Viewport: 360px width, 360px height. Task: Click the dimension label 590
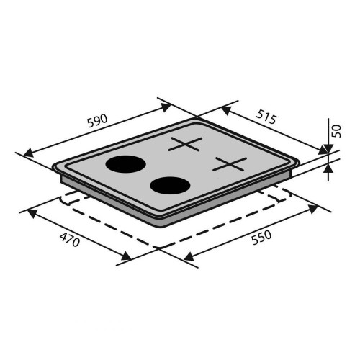coord(97,121)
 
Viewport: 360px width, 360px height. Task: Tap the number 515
coord(266,117)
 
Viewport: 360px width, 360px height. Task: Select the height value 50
coord(337,131)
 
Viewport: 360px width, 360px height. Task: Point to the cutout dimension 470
coord(69,240)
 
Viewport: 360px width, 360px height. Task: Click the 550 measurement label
coord(261,238)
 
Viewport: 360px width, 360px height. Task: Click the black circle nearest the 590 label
coord(126,164)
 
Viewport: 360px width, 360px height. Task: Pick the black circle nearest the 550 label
coord(170,186)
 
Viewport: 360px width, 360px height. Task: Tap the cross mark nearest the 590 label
coord(185,144)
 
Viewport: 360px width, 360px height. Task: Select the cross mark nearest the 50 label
coord(230,164)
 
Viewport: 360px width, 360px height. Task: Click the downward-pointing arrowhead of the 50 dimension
coord(328,148)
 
